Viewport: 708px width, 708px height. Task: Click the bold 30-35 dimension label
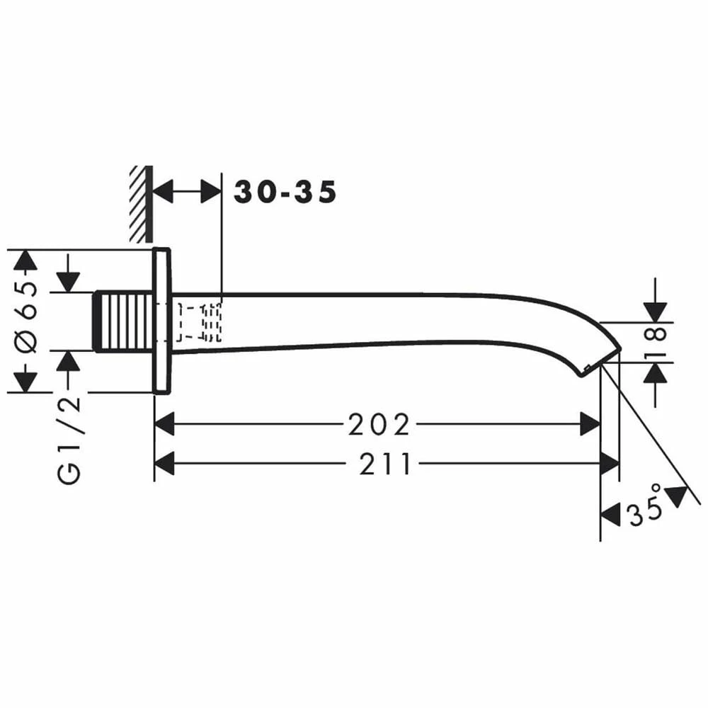tap(285, 192)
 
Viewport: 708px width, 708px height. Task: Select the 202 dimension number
tap(379, 424)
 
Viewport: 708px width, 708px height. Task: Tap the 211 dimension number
tap(385, 464)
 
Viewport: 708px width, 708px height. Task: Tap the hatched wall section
tap(141, 204)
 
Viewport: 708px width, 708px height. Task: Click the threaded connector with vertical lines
tap(124, 321)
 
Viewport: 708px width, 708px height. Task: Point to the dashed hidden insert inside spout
tap(199, 322)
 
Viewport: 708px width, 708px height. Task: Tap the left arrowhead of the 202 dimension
tap(164, 424)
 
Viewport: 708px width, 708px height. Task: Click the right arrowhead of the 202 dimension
tap(590, 424)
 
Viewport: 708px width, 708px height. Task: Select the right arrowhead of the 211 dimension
tap(610, 463)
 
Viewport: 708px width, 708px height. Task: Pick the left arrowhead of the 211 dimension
tap(164, 463)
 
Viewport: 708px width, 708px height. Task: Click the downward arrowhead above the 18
tap(656, 312)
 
